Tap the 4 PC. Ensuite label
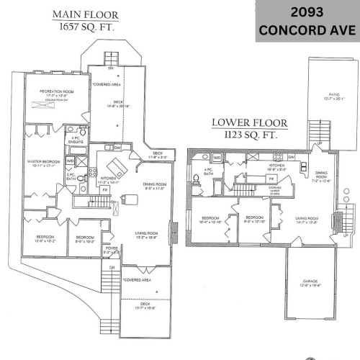[76, 140]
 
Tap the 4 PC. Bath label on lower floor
[208, 172]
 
